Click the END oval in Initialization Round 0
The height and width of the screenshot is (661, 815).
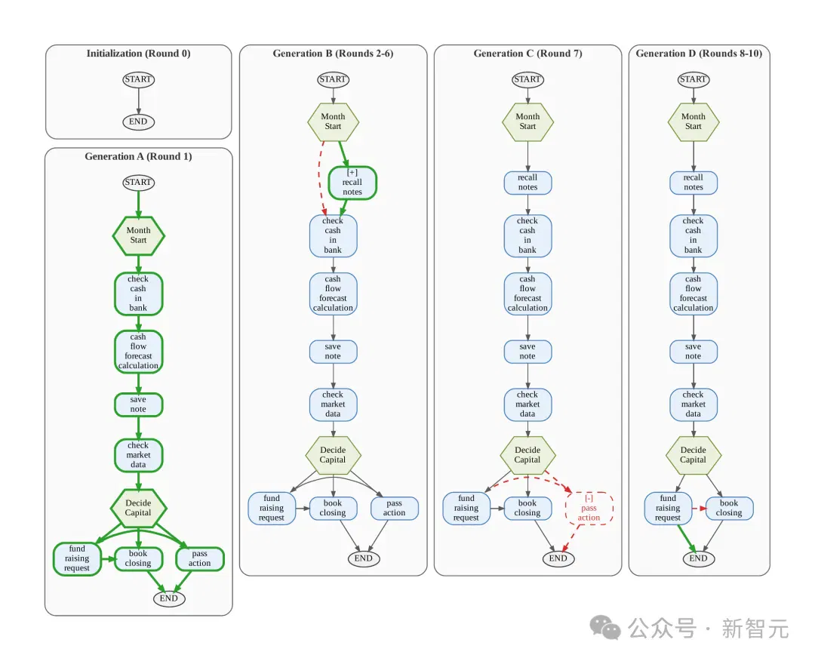(x=138, y=121)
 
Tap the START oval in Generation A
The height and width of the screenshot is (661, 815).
(x=138, y=183)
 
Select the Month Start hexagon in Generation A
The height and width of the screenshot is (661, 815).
(x=138, y=235)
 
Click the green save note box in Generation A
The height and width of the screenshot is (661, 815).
(x=138, y=404)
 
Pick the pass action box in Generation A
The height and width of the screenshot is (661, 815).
(x=199, y=558)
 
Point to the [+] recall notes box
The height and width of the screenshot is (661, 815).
(x=352, y=183)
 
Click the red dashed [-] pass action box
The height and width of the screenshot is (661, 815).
(x=589, y=509)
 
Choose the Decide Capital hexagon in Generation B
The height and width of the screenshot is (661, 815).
(x=333, y=455)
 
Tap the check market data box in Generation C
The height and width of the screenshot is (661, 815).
(x=527, y=404)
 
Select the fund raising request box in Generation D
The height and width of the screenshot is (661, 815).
(x=668, y=509)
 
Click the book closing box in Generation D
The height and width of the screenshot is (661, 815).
(x=729, y=509)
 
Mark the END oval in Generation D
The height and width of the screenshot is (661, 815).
(x=698, y=558)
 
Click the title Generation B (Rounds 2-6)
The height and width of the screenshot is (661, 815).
(x=333, y=54)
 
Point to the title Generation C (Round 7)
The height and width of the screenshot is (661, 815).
(x=527, y=54)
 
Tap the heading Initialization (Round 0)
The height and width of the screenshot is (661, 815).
(x=138, y=54)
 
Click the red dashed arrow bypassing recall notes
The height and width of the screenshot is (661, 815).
(x=320, y=177)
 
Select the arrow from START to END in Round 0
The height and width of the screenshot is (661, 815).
(x=138, y=101)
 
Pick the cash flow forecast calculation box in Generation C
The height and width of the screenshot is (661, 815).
(x=527, y=294)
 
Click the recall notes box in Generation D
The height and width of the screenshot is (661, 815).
(x=694, y=183)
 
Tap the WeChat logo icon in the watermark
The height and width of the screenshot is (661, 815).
(x=605, y=628)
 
